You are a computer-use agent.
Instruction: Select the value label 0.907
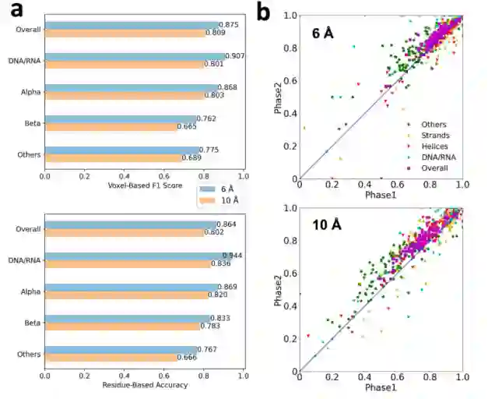pyautogui.click(x=236, y=56)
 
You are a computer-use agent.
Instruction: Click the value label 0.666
pyautogui.click(x=187, y=358)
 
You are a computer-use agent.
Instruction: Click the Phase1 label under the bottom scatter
pyautogui.click(x=381, y=387)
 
